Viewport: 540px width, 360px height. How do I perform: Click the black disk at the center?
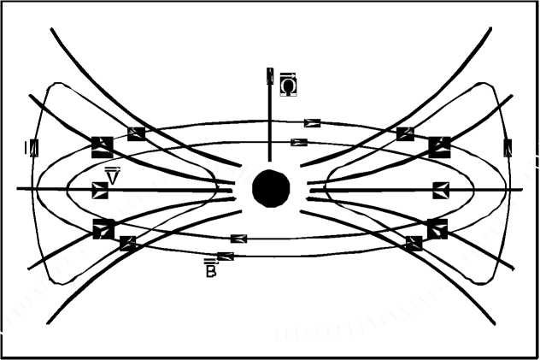(x=271, y=188)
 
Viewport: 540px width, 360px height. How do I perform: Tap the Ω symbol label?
(x=289, y=85)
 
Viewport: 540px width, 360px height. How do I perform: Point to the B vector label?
(x=209, y=268)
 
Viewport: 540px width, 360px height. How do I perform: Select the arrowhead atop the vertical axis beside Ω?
(x=270, y=76)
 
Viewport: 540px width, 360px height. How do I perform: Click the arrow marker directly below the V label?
(x=101, y=190)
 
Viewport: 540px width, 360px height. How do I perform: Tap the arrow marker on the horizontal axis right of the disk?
(x=441, y=190)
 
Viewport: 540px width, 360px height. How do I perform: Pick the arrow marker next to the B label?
(x=226, y=256)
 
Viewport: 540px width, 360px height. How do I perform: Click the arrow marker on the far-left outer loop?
(x=33, y=147)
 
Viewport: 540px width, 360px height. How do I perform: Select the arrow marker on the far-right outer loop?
(x=508, y=147)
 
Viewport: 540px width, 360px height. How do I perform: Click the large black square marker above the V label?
(x=103, y=146)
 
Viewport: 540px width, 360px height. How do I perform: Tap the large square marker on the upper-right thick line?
(x=439, y=147)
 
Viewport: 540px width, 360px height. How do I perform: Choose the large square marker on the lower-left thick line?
(x=103, y=229)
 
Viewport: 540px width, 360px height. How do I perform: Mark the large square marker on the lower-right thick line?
(x=437, y=228)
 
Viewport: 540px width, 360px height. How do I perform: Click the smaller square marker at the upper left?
(x=136, y=133)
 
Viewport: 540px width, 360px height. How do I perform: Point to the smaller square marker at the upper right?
(x=405, y=133)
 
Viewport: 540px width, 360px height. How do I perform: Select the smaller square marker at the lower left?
(x=128, y=243)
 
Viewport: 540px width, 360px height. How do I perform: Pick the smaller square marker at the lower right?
(x=414, y=243)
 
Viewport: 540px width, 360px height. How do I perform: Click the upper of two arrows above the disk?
(x=313, y=123)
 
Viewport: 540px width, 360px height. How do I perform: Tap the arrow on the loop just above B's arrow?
(x=238, y=239)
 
